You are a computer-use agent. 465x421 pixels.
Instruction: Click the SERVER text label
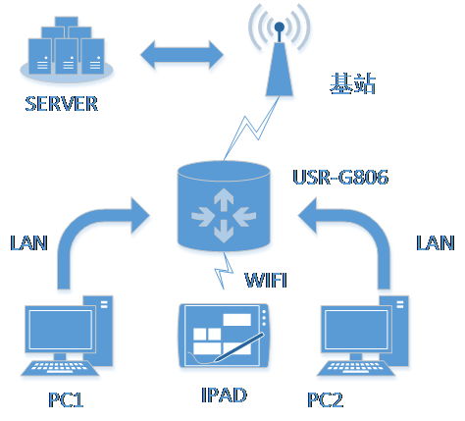[62, 104]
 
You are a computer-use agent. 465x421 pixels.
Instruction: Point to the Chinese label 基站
[354, 85]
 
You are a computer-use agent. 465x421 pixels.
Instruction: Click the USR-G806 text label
[340, 178]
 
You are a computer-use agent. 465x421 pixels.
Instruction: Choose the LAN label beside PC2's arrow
[435, 241]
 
